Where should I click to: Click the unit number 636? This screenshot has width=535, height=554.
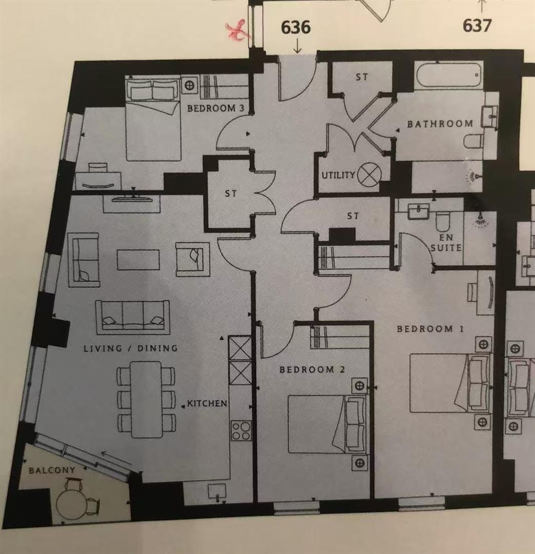(x=296, y=27)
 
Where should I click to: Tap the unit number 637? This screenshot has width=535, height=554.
(x=477, y=26)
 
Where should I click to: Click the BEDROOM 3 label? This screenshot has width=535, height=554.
(x=215, y=108)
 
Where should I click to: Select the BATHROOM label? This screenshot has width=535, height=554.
(x=440, y=124)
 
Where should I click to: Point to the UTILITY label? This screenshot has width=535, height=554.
(x=338, y=175)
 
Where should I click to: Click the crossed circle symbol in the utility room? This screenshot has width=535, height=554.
(x=369, y=174)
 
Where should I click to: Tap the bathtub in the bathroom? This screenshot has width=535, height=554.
(x=448, y=75)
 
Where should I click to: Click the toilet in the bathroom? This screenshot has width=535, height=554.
(x=473, y=142)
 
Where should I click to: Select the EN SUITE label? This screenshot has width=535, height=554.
(x=446, y=242)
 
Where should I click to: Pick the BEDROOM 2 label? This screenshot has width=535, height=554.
(x=312, y=369)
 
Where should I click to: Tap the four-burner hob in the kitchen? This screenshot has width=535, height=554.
(x=242, y=431)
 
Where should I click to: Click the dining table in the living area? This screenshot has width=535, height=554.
(x=146, y=400)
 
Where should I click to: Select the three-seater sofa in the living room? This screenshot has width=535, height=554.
(x=132, y=318)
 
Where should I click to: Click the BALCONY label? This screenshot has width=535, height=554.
(x=52, y=470)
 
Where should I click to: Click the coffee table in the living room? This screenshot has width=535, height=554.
(x=138, y=260)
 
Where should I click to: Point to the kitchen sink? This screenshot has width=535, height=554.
(x=216, y=491)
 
